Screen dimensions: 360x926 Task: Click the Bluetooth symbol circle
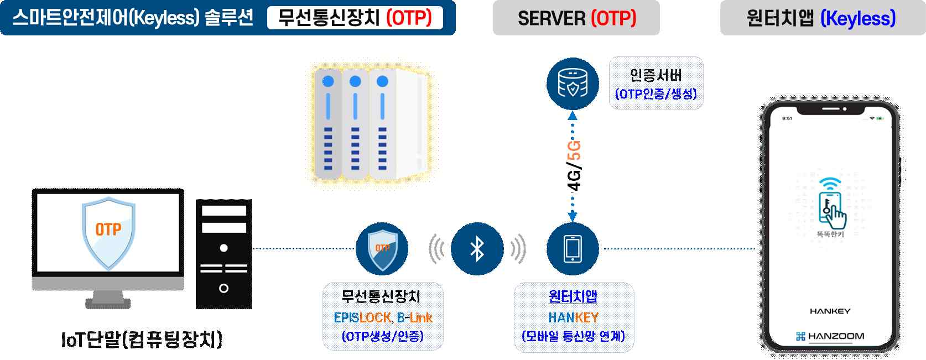[477, 249]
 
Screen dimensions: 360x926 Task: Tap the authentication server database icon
[572, 84]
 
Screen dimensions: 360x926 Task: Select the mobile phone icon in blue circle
[573, 249]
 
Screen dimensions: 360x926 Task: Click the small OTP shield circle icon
[382, 249]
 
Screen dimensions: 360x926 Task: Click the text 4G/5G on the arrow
[574, 166]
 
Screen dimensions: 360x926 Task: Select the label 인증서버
[656, 75]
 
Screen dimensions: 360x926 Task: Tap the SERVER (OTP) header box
[576, 18]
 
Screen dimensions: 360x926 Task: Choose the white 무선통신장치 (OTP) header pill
[355, 18]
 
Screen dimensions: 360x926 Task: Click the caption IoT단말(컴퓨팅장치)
[142, 339]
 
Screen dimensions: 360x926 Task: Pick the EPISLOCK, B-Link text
[383, 318]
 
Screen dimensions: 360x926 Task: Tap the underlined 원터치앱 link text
[573, 297]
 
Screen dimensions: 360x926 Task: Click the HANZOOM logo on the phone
[829, 336]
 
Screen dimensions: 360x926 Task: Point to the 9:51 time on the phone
[787, 118]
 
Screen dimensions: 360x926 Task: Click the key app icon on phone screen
[830, 205]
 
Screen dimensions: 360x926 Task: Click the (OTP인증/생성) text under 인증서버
[656, 94]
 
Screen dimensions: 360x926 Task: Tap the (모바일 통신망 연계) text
[573, 336]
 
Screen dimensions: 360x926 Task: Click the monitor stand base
[108, 303]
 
